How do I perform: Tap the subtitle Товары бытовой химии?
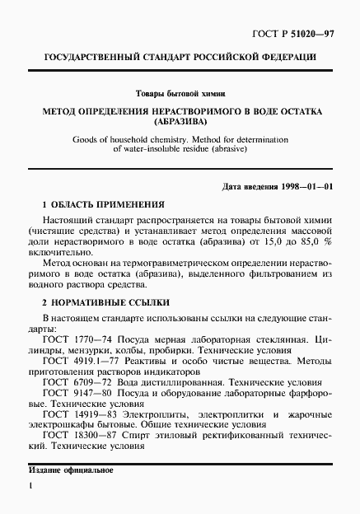[180, 94]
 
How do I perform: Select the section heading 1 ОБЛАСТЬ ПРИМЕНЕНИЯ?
[103, 203]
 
